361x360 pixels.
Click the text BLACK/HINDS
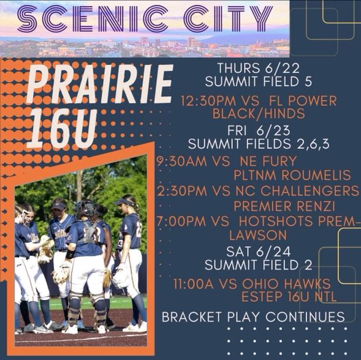point(251,114)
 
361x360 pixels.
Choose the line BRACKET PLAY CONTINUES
point(253,317)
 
